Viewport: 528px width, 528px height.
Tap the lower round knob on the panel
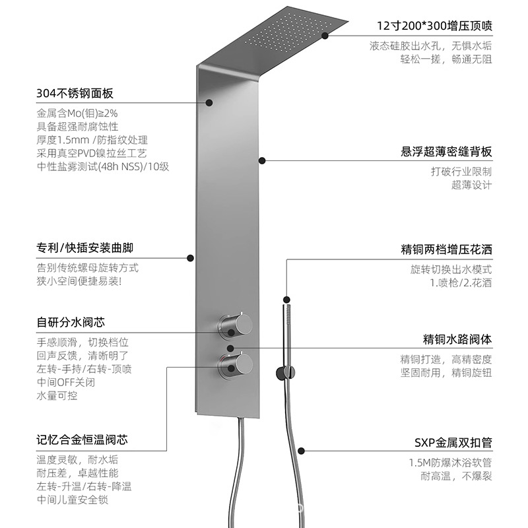(x=236, y=365)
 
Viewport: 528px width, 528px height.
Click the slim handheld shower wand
(x=286, y=337)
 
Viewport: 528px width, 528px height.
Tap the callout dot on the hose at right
(x=301, y=451)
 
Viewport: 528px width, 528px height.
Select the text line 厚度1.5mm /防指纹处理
(x=92, y=140)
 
